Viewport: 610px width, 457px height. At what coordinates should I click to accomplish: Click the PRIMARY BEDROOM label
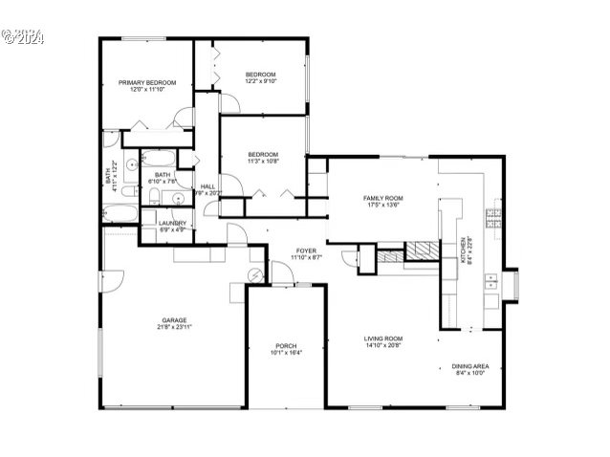point(148,83)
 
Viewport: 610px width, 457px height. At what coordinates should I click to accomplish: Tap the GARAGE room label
point(174,320)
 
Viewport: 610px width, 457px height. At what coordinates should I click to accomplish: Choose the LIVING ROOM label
point(382,338)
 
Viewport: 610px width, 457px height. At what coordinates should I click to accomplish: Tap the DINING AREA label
point(470,366)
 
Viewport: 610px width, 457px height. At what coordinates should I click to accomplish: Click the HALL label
point(207,186)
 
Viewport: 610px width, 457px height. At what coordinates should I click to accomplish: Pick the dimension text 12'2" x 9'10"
point(260,81)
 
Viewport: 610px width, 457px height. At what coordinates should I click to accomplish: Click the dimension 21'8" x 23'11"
point(174,327)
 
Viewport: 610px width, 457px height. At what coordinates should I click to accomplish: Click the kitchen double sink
point(490,281)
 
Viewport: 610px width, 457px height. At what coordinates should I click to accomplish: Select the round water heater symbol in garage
point(255,273)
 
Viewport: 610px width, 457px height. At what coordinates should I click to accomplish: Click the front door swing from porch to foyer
point(281,274)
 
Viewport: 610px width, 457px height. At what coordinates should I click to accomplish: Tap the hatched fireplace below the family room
point(420,251)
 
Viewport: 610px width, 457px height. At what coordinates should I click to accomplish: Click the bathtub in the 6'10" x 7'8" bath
point(162,159)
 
